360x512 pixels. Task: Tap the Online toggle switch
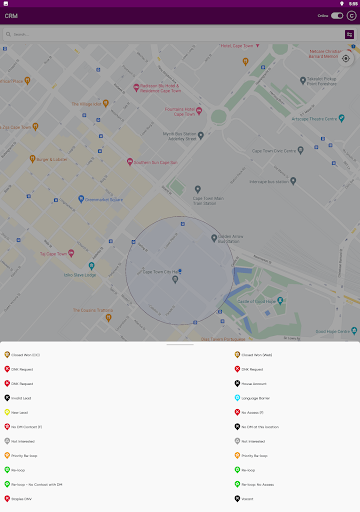[337, 16]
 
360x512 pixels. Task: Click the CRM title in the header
[11, 16]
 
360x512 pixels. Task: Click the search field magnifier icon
[8, 34]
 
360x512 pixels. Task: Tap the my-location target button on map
[346, 58]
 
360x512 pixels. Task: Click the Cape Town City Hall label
[160, 271]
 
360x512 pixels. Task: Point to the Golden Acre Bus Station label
[230, 238]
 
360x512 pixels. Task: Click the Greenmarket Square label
[101, 198]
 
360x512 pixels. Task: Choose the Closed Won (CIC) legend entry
[25, 354]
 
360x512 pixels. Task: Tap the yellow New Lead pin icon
[8, 412]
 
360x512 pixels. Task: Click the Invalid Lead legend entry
[21, 397]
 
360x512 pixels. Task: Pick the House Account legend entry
[255, 383]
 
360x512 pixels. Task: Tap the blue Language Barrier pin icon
[237, 397]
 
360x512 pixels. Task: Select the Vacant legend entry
[247, 498]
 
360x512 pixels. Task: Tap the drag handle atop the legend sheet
[180, 344]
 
